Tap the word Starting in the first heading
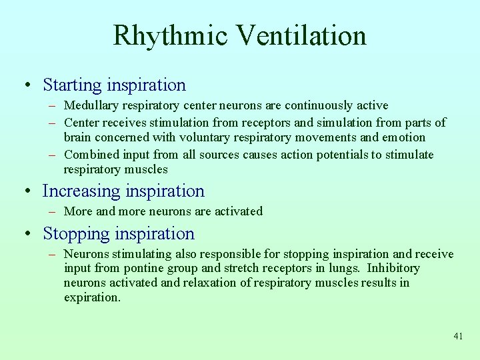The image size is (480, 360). (73, 85)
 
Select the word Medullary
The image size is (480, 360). (91, 105)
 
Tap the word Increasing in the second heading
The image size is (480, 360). (79, 191)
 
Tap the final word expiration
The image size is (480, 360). (91, 298)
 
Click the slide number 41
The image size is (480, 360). (457, 337)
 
